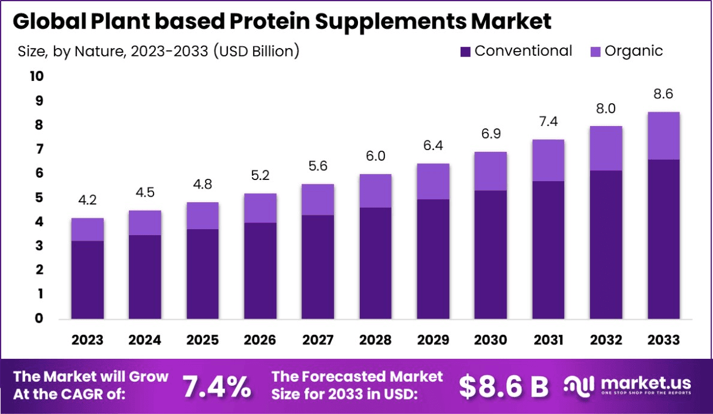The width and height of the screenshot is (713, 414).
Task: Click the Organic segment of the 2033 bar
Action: [x=663, y=136]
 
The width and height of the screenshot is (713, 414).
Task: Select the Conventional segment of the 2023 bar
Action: [x=88, y=280]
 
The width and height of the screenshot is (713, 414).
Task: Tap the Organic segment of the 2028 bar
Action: [x=375, y=191]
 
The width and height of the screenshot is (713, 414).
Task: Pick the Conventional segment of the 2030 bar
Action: [x=491, y=254]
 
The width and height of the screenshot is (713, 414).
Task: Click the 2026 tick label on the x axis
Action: [x=260, y=340]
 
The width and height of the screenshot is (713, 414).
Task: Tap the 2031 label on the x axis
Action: [x=548, y=340]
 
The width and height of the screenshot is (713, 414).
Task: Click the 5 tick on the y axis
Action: [x=38, y=198]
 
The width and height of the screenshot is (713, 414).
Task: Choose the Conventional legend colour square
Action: [x=465, y=52]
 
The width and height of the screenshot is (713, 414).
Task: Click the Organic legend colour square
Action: [x=595, y=52]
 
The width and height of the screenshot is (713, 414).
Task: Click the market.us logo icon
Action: [x=579, y=385]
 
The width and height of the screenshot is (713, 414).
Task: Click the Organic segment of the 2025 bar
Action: [x=202, y=215]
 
